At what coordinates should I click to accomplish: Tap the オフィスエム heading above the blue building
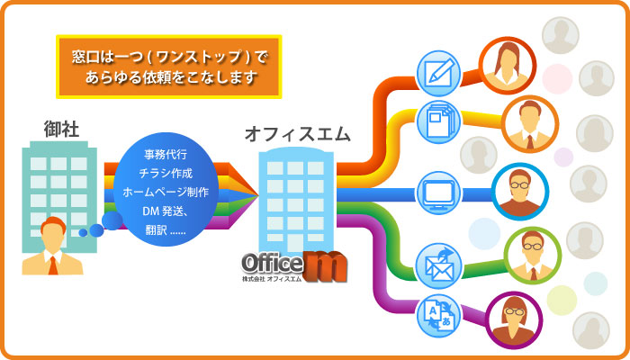point(297,135)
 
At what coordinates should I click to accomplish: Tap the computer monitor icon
point(438,194)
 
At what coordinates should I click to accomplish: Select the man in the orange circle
point(530,124)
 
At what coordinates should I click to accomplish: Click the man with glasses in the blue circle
point(520,191)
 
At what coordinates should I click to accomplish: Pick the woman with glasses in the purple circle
point(514,320)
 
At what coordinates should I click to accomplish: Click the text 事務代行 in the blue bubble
point(166,155)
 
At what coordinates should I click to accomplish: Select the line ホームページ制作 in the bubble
point(166,193)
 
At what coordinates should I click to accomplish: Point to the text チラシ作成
point(166,174)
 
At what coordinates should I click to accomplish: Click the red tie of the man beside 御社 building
point(52,265)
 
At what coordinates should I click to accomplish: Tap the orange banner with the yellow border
point(169,67)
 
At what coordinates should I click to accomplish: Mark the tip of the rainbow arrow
point(258,195)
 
